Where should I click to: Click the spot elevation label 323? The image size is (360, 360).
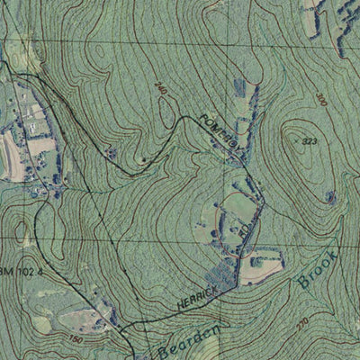(x=310, y=142)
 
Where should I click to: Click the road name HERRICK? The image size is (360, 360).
(x=197, y=301)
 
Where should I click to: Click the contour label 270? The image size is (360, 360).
(x=302, y=321)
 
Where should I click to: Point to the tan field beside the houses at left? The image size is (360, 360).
(x=40, y=145)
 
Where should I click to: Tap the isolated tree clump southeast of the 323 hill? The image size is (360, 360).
(x=330, y=196)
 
